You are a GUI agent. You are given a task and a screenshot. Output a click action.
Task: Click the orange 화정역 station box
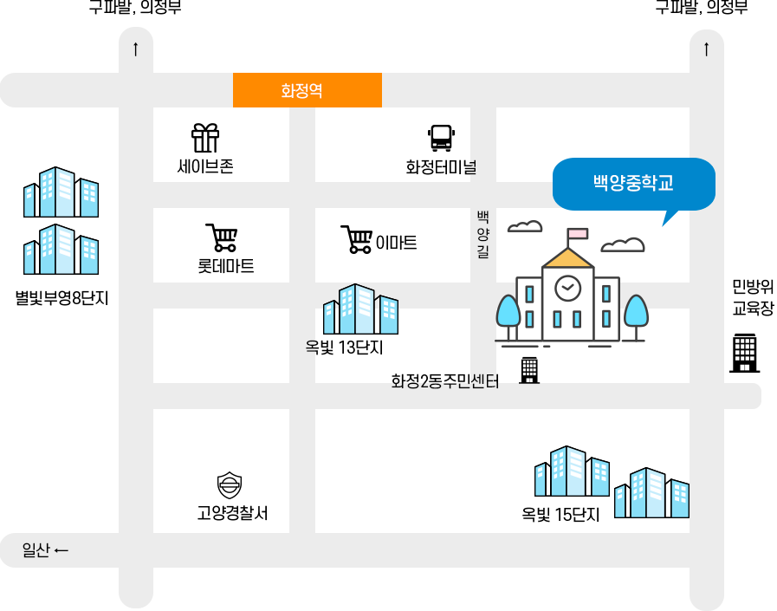tap(308, 90)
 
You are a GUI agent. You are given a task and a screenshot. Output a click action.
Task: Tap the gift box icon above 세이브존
tap(205, 138)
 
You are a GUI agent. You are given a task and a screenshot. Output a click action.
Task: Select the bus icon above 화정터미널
tap(440, 138)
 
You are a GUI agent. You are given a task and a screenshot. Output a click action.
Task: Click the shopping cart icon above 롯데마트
tap(222, 238)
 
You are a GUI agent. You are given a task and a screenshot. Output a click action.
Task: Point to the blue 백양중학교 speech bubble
tap(633, 184)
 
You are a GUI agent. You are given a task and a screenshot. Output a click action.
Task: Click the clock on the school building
tap(567, 288)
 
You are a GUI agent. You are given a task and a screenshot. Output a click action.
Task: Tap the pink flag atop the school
tap(576, 233)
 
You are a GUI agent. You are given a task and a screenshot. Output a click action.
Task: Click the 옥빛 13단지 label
tap(344, 348)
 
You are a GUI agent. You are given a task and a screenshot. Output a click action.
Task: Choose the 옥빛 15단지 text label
tap(560, 516)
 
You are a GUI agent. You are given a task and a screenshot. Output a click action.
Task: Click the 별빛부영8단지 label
tap(62, 299)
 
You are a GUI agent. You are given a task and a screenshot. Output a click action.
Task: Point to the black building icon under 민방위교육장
tap(745, 353)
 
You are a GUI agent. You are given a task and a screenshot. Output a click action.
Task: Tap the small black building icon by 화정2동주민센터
tap(528, 370)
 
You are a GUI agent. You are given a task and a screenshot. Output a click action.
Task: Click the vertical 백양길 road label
tap(482, 234)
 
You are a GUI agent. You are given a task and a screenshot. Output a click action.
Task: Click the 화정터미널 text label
tap(440, 167)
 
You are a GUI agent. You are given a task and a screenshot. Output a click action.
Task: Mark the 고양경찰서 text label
tap(231, 514)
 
